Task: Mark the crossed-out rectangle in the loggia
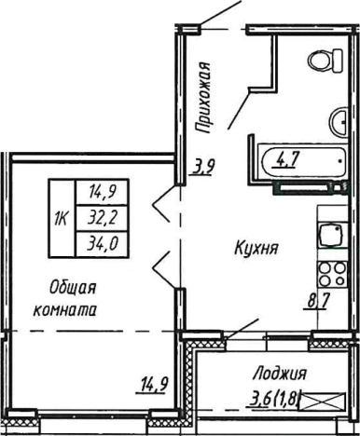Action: pos(329,401)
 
